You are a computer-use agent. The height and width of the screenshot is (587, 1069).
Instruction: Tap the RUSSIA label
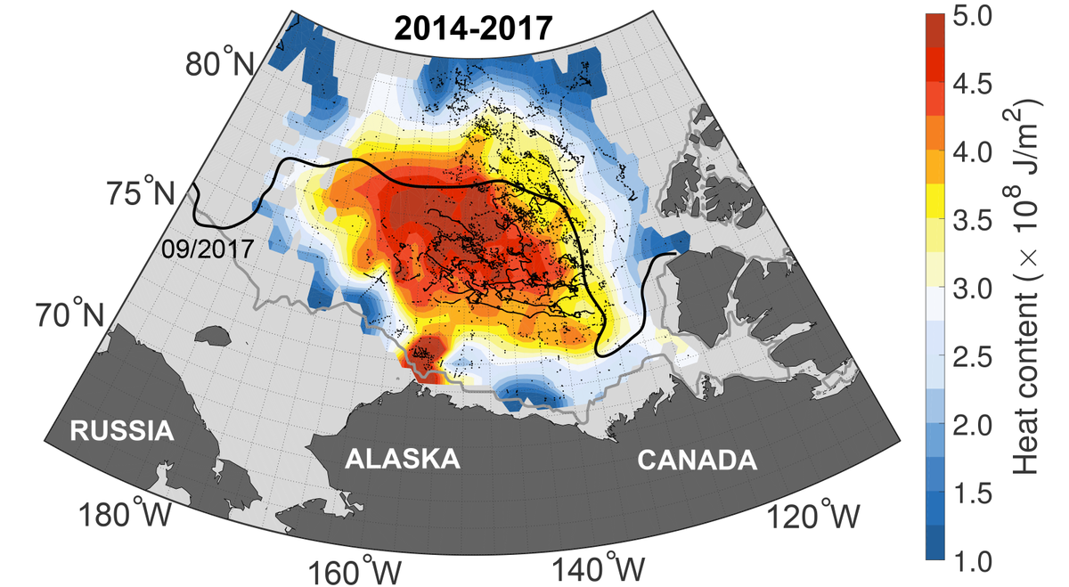[120, 432]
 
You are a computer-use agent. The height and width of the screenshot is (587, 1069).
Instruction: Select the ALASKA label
[403, 460]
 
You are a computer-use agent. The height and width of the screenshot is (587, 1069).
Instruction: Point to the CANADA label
[697, 461]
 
